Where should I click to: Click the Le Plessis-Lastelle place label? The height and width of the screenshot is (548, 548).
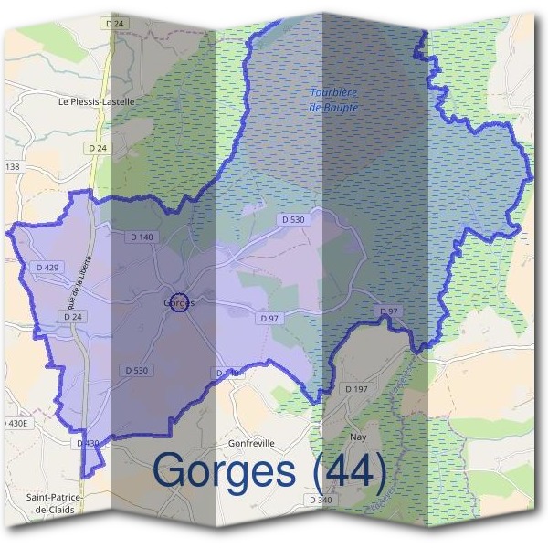point(96,102)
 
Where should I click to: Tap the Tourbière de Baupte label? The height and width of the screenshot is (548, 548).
point(333,100)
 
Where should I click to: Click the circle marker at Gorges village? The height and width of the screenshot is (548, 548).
point(180,302)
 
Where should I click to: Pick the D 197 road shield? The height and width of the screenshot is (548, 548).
point(357,389)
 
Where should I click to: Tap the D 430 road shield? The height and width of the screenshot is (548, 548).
point(87,443)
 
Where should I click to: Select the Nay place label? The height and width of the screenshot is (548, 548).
point(359,437)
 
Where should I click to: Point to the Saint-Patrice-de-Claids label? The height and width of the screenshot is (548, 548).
point(56,504)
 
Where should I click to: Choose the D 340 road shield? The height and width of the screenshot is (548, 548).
point(320,500)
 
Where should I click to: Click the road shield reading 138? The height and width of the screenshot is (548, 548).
point(12,167)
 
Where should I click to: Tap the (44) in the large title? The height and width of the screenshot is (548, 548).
point(349,470)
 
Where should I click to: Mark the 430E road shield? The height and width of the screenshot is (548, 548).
point(16,423)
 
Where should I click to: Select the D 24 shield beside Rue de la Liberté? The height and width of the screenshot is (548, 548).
point(74,316)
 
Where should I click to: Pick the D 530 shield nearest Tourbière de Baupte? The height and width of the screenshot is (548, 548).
point(293,219)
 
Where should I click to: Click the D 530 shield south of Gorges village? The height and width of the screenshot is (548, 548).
point(134,370)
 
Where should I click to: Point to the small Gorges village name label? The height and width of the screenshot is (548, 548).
point(174,302)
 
